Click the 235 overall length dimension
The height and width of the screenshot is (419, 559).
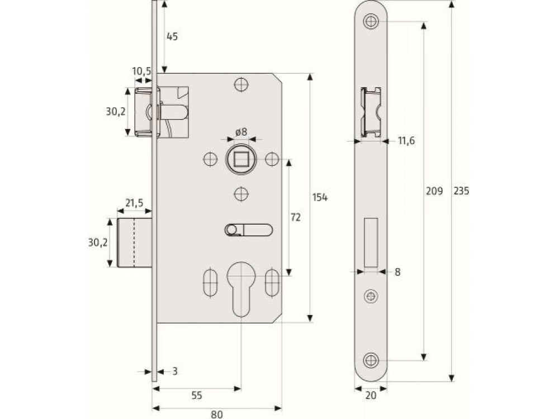tap(461, 191)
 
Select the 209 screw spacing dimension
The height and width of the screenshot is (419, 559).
tap(434, 191)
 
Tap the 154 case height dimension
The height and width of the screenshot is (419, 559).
tap(320, 197)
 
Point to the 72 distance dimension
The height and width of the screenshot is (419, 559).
tap(296, 217)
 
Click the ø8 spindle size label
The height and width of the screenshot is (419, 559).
tap(241, 132)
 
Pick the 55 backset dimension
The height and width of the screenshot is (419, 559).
tap(197, 396)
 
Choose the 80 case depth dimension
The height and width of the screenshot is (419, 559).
tap(217, 414)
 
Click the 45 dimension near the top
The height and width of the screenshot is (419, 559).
tap(172, 37)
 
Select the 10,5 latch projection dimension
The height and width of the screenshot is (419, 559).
tap(141, 71)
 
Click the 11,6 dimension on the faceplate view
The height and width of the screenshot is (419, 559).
tap(406, 141)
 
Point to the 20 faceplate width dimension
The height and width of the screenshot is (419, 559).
tap(371, 396)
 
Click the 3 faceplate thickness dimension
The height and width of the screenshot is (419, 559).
tap(175, 370)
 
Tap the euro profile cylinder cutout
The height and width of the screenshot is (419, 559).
tap(241, 291)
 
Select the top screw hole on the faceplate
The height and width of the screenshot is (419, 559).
tap(371, 22)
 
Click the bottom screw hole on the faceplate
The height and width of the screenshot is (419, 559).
tap(371, 360)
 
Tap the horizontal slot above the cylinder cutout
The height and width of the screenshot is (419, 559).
tap(249, 230)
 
